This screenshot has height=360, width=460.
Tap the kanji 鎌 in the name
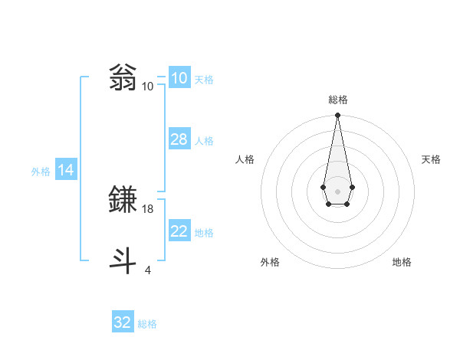(124, 200)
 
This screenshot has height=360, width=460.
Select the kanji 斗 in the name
(124, 260)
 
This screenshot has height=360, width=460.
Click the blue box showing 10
(179, 78)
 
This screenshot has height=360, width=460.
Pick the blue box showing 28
(179, 139)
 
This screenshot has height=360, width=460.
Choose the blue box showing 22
(179, 231)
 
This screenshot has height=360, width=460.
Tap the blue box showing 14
(66, 170)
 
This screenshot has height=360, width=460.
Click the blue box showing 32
(123, 322)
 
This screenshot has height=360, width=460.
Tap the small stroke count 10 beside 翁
(148, 87)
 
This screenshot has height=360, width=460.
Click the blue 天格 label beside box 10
(204, 80)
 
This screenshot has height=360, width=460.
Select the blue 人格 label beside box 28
(204, 141)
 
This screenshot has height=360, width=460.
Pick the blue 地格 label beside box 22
(204, 233)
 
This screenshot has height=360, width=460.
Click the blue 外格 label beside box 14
(41, 172)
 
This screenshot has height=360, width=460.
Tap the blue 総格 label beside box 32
(147, 324)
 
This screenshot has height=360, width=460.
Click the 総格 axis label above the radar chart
(337, 100)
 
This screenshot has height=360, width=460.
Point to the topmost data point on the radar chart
(337, 115)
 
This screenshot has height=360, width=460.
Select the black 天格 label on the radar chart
(431, 159)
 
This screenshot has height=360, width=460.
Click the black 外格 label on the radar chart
(270, 262)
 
